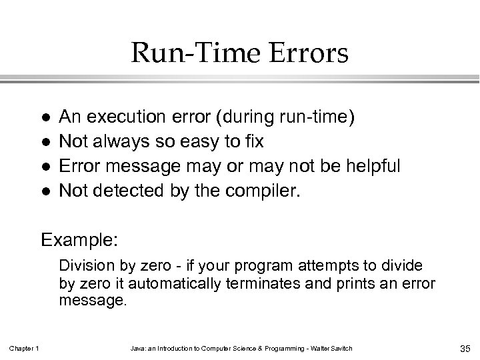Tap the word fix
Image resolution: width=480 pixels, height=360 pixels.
click(253, 142)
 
